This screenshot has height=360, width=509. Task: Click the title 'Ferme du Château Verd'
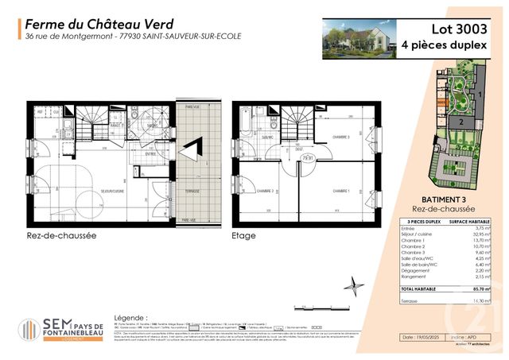tap(87, 23)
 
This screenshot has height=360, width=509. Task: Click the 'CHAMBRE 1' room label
tap(342, 191)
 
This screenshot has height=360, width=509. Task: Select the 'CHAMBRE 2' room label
tap(265, 191)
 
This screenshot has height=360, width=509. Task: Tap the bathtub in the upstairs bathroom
tap(243, 126)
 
